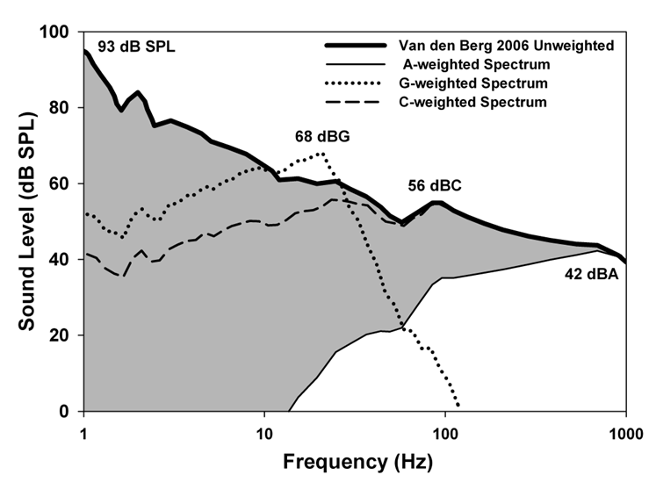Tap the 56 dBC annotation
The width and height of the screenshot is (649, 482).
tap(435, 186)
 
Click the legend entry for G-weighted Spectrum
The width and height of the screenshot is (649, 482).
tap(473, 83)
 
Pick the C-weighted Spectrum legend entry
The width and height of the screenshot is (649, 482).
tap(472, 102)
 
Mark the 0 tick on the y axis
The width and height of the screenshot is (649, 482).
tap(65, 411)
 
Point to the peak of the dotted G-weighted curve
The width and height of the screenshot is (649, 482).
tap(322, 153)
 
